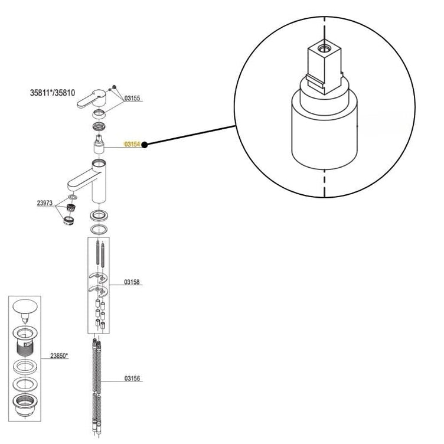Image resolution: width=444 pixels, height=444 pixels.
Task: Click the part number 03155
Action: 132,99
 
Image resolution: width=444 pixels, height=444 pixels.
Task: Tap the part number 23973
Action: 45,203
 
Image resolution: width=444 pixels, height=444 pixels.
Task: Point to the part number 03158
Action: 132,283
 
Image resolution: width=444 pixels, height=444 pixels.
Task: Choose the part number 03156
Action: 132,378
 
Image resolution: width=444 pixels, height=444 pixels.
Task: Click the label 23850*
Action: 59,356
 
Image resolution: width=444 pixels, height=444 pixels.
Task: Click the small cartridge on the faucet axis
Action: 99,143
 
